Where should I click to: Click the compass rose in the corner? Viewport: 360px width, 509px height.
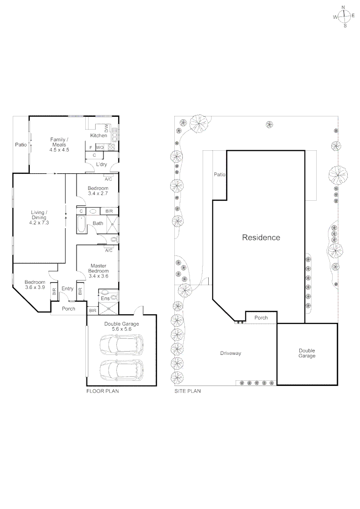tap(344, 16)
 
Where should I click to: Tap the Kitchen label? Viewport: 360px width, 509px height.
tap(98, 136)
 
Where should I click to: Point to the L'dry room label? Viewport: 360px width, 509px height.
tap(101, 164)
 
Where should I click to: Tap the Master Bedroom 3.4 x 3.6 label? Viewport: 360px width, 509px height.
tap(99, 271)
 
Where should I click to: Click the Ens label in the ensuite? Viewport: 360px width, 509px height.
tap(104, 298)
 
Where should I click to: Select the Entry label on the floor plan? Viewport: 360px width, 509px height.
tap(67, 289)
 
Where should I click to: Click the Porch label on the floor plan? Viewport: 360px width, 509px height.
tap(69, 309)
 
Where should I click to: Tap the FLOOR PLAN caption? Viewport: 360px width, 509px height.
tap(102, 391)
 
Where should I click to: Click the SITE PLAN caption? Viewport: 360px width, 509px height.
tap(188, 391)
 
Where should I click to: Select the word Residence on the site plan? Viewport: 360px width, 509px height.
tap(261, 238)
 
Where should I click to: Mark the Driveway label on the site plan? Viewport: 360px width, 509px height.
tap(231, 353)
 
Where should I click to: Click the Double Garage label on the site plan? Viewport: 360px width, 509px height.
tap(307, 353)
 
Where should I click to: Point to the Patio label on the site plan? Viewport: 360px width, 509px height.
tap(220, 175)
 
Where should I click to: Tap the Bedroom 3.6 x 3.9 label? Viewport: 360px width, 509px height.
tap(35, 285)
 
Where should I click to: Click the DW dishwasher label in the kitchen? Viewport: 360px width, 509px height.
tap(107, 128)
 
